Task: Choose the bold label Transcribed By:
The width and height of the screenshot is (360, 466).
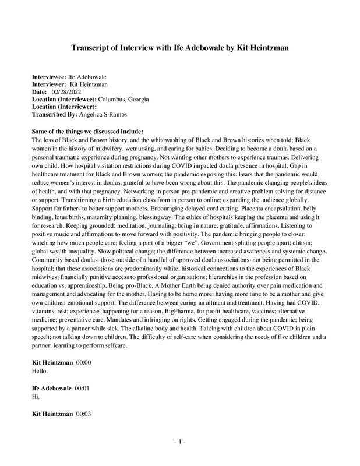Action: tap(54, 115)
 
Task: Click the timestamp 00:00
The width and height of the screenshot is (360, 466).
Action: tap(84, 363)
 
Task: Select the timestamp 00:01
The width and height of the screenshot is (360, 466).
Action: tap(82, 388)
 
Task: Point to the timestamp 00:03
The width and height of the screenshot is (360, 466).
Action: tap(84, 414)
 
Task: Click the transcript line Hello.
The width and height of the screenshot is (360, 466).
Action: tap(40, 370)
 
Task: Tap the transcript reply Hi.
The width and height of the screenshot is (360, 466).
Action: tap(36, 396)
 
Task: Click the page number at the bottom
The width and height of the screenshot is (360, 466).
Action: tap(180, 442)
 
